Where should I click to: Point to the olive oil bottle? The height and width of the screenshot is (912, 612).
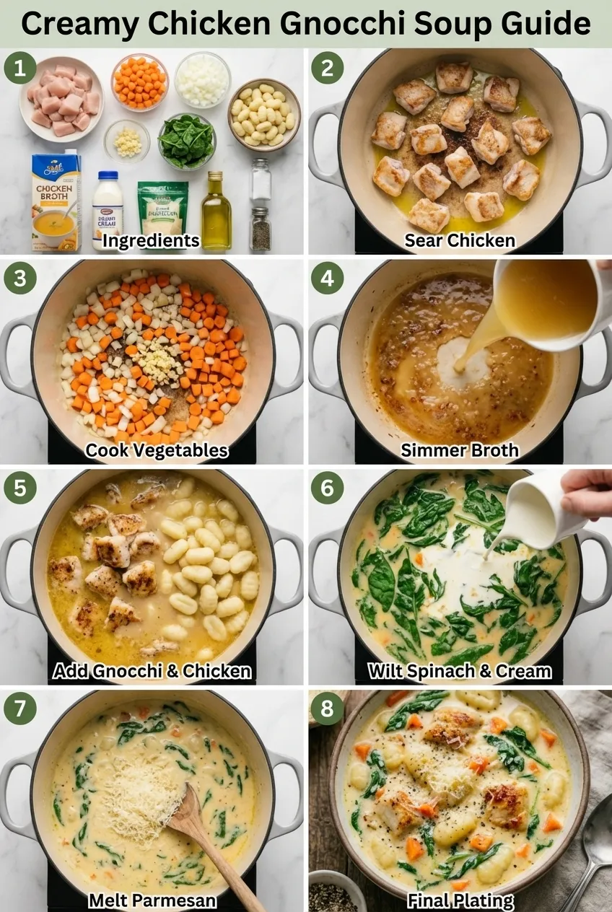click(x=216, y=211)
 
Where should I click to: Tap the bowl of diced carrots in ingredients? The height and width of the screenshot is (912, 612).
click(x=139, y=82)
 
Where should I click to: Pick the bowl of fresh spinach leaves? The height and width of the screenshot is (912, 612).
click(x=186, y=140)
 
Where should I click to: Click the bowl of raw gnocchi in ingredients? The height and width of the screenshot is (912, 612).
click(x=264, y=114)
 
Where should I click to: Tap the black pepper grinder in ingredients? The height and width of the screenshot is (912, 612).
click(x=260, y=229)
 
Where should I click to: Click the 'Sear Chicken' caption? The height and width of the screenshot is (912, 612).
click(x=460, y=240)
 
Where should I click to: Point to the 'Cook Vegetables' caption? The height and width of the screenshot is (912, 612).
click(x=157, y=451)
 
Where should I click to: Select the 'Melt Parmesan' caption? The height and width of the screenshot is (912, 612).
click(x=152, y=900)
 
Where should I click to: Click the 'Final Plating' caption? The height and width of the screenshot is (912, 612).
click(x=460, y=900)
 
